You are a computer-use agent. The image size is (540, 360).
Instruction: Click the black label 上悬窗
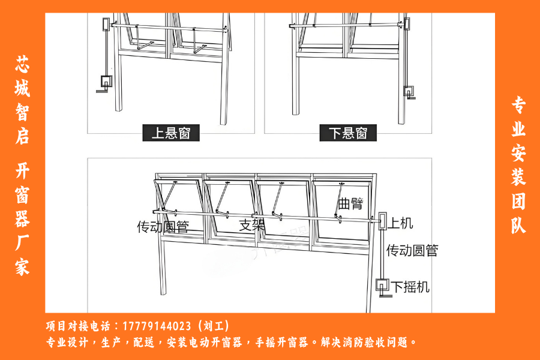[x=171, y=133]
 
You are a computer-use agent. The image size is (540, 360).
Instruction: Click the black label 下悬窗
[x=348, y=133]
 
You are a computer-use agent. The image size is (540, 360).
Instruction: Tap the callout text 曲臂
[x=350, y=203]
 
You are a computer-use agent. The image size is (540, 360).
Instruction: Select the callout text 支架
[x=252, y=225]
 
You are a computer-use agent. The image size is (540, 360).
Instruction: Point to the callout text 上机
[x=401, y=223]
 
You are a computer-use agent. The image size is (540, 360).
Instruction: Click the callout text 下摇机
[x=410, y=287]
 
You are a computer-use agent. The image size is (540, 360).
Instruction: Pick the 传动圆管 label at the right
[x=412, y=250]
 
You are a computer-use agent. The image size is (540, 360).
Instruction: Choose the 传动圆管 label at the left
[x=163, y=227]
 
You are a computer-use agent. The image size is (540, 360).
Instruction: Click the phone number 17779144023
[x=157, y=326]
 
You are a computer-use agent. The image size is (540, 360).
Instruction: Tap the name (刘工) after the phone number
[x=214, y=326]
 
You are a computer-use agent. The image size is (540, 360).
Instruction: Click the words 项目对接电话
[x=78, y=326]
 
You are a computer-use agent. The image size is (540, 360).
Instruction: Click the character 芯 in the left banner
[x=22, y=64]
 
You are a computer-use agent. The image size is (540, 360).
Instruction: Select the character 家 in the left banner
[x=22, y=266]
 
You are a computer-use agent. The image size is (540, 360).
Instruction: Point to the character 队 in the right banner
[x=518, y=226]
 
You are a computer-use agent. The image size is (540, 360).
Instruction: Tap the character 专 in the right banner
[x=518, y=105]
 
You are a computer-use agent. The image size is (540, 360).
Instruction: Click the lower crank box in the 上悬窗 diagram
[x=106, y=82]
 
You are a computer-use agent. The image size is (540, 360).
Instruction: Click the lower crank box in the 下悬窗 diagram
[x=409, y=92]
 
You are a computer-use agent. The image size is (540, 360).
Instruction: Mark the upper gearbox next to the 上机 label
[x=383, y=221]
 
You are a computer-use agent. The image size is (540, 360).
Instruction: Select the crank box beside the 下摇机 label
[x=382, y=285]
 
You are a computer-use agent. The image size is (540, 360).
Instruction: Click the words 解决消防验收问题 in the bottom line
[x=364, y=342]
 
